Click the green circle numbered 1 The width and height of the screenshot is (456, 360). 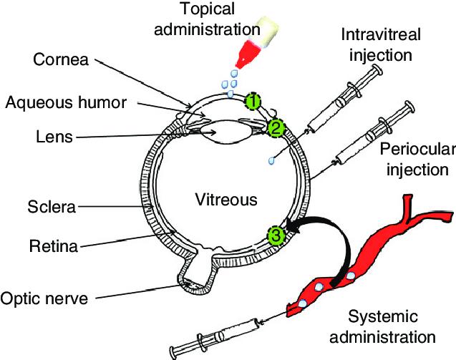coord(252,101)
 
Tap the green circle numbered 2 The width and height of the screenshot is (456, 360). coord(276,128)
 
